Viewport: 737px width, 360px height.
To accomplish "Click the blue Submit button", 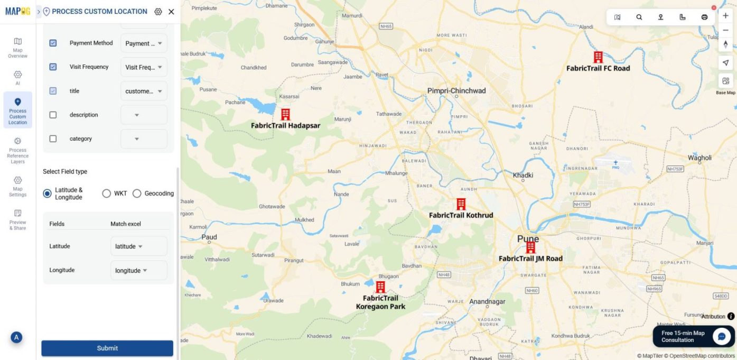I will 107,348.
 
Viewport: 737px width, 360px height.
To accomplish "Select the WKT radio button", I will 106,193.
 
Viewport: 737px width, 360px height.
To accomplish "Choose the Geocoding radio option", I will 137,193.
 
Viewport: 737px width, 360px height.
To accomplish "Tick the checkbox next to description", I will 53,115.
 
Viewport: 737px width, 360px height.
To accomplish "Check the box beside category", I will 53,139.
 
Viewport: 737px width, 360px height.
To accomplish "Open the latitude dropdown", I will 138,246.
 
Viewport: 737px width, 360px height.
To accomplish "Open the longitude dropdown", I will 138,271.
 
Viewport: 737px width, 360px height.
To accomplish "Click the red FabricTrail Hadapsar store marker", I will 285,114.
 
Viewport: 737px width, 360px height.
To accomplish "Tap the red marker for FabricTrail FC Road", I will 598,57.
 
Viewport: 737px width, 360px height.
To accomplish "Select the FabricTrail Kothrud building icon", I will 461,204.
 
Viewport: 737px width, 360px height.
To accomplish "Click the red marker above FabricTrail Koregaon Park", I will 380,287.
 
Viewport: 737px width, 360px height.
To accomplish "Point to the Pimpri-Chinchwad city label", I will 456,91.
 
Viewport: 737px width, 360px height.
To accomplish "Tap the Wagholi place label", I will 699,158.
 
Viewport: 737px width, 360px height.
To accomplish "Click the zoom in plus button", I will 725,16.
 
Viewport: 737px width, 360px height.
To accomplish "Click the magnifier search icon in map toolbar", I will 639,17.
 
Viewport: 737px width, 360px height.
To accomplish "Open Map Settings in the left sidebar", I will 17,187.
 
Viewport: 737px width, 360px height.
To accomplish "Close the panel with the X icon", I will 171,12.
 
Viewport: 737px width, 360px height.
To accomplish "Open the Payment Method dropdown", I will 144,43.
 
